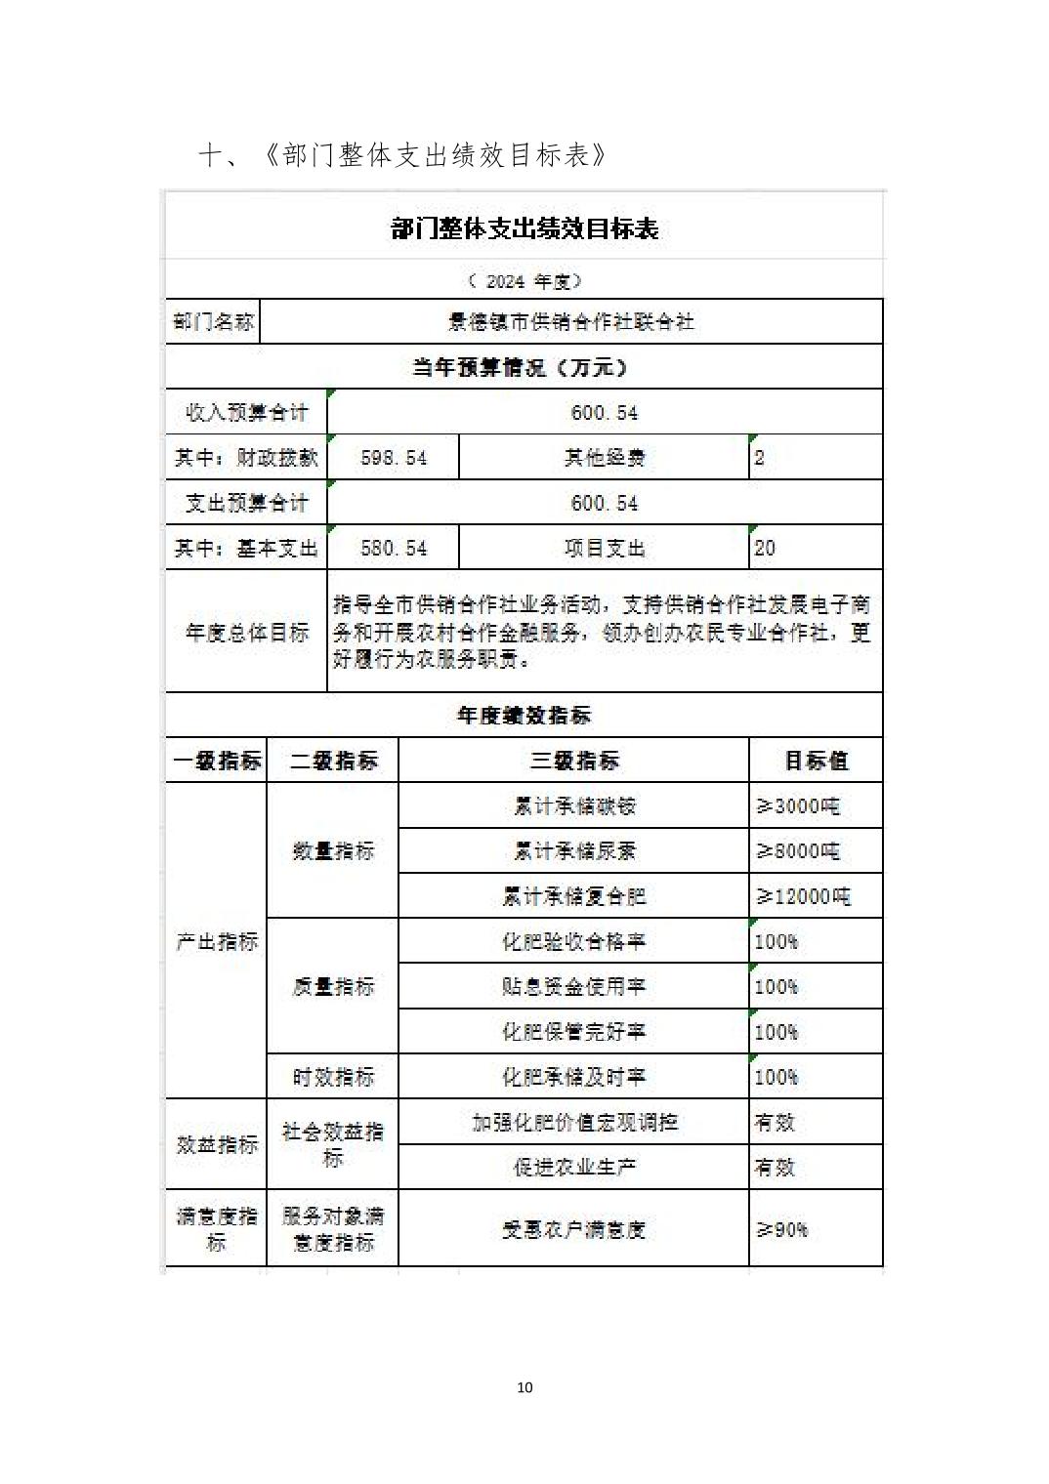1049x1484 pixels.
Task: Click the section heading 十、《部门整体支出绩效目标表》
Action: [x=402, y=155]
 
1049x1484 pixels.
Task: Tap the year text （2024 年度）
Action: [x=524, y=281]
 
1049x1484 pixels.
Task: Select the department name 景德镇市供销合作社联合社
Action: [x=571, y=321]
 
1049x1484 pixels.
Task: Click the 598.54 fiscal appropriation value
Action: [x=393, y=458]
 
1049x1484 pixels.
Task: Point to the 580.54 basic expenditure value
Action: [x=393, y=549]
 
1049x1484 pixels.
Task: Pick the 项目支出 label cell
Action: [x=604, y=549]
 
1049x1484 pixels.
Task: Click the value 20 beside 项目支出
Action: [x=765, y=549]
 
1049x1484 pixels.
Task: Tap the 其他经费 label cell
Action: [x=604, y=458]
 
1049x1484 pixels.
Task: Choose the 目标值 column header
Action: [x=816, y=761]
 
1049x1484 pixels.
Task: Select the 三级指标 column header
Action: [x=574, y=761]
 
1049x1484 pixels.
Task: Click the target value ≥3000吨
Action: [x=798, y=806]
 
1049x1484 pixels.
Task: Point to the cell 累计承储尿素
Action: [x=574, y=851]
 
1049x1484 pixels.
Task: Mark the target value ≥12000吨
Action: [x=803, y=896]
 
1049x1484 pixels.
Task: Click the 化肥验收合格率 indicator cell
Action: [x=574, y=941]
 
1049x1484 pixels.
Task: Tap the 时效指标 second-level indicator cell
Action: [x=333, y=1077]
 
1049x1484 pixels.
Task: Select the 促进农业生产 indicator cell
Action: [x=574, y=1167]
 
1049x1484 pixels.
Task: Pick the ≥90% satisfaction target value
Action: [x=782, y=1229]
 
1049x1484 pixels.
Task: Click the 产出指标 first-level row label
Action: [x=217, y=941]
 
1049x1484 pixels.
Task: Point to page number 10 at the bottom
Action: [x=524, y=1387]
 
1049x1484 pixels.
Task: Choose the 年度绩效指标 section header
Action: [x=524, y=716]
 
